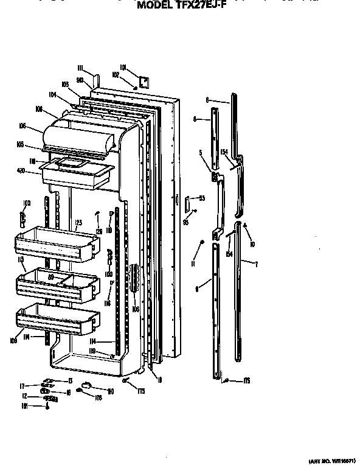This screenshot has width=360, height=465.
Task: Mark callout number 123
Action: point(78,223)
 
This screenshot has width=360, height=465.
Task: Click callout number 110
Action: point(111,391)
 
